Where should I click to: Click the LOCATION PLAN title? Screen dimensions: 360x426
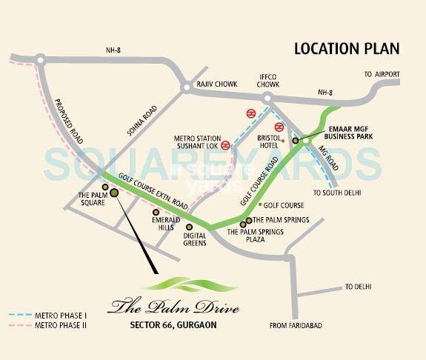[x=346, y=50]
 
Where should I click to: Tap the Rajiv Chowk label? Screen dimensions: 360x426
[x=216, y=85]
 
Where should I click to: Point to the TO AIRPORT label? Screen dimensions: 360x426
[x=382, y=75]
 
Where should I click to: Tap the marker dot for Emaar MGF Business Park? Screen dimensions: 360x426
[x=295, y=139]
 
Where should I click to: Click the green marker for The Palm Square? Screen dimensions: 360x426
[x=114, y=193]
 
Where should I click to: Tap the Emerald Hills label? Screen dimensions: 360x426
[x=162, y=224]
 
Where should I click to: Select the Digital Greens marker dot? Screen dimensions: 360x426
[x=189, y=227]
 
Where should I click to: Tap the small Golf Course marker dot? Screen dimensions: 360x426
[x=259, y=204]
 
